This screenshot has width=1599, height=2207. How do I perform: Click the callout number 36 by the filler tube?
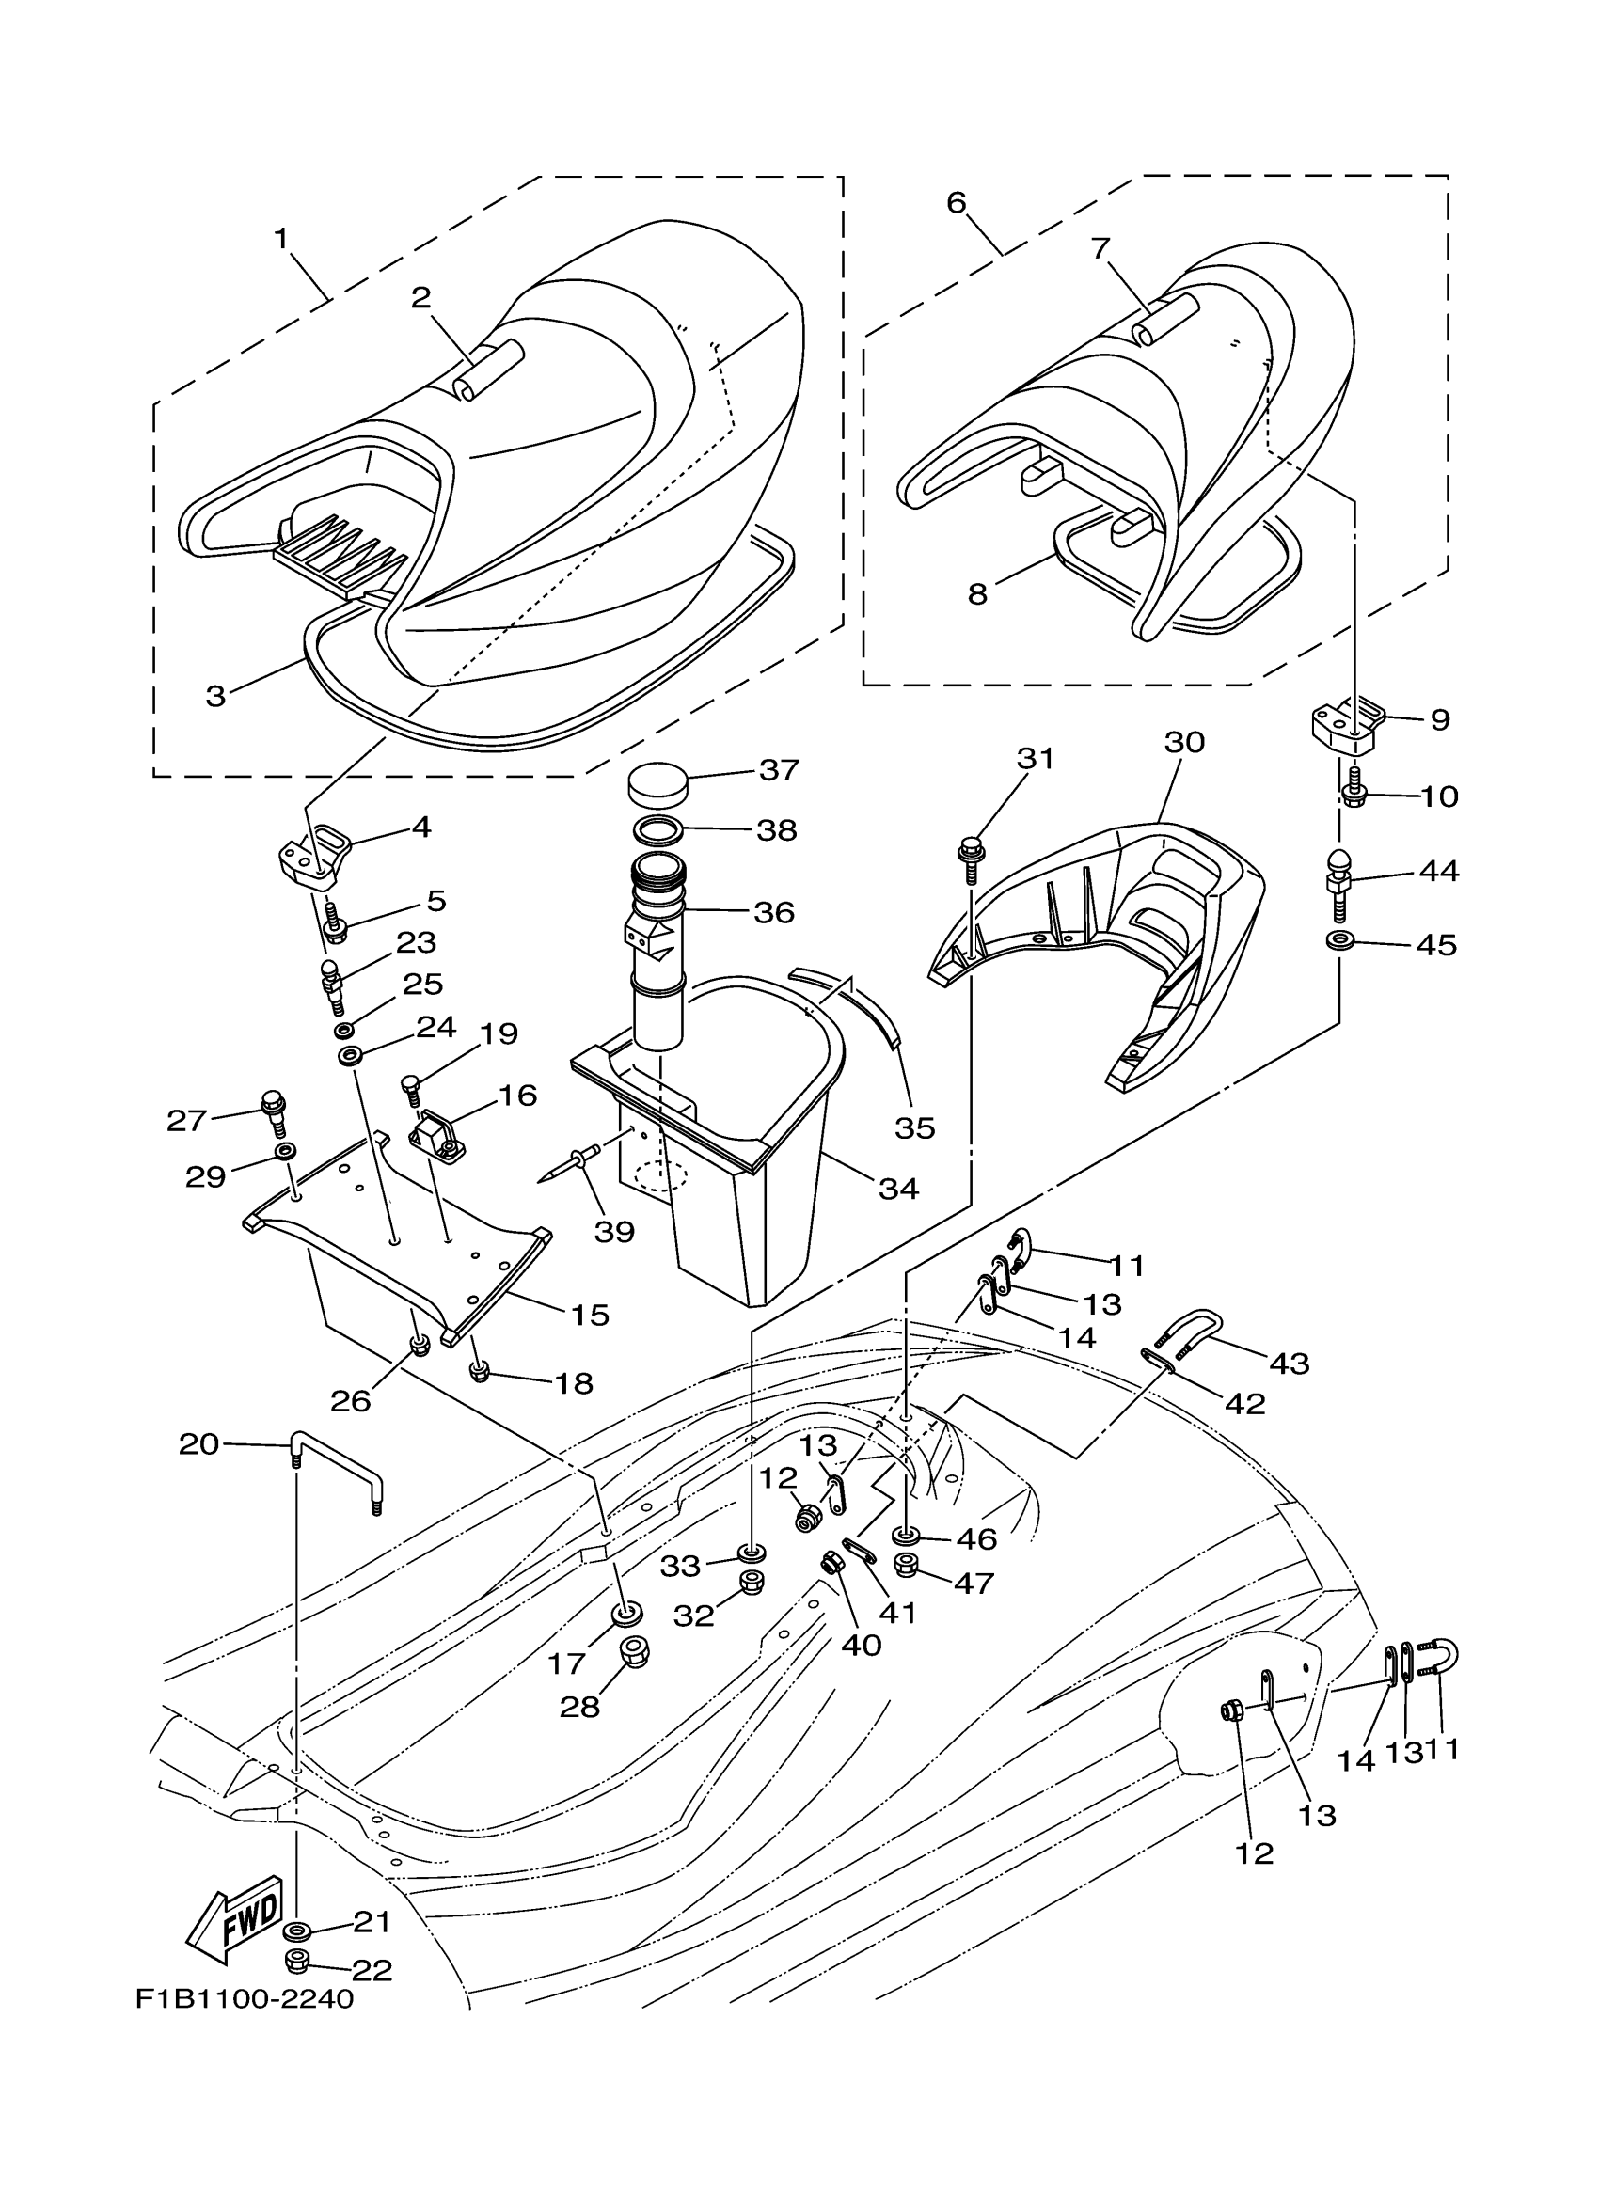(774, 913)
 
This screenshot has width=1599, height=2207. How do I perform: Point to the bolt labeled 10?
(1355, 793)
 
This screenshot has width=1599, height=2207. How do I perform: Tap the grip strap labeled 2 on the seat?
(487, 370)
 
